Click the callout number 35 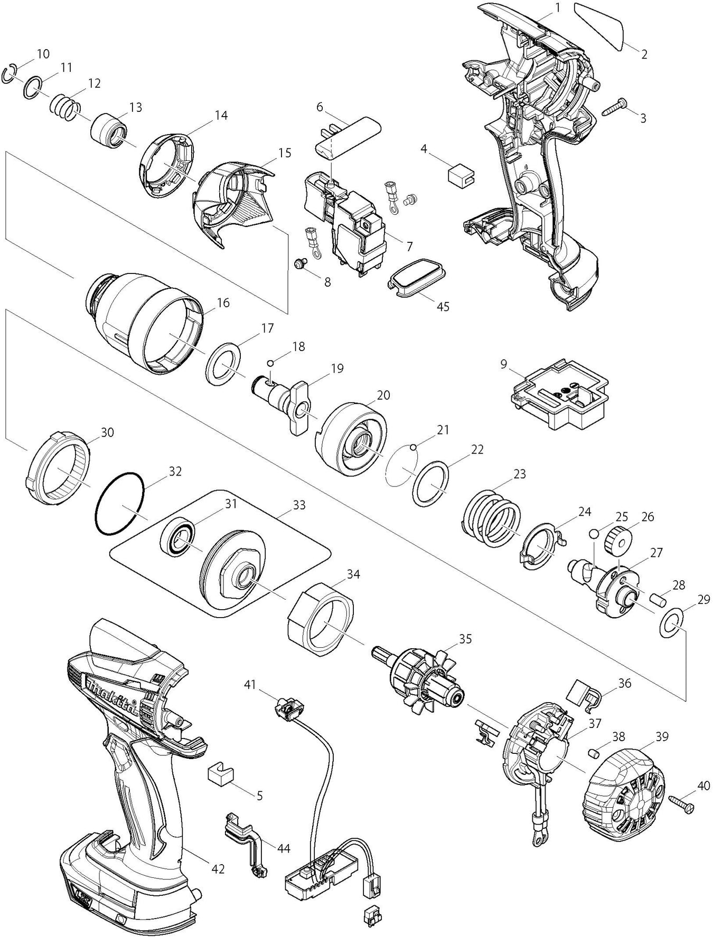coord(465,639)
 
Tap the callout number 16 coord(223,303)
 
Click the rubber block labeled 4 coord(460,174)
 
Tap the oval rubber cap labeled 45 coord(417,274)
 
